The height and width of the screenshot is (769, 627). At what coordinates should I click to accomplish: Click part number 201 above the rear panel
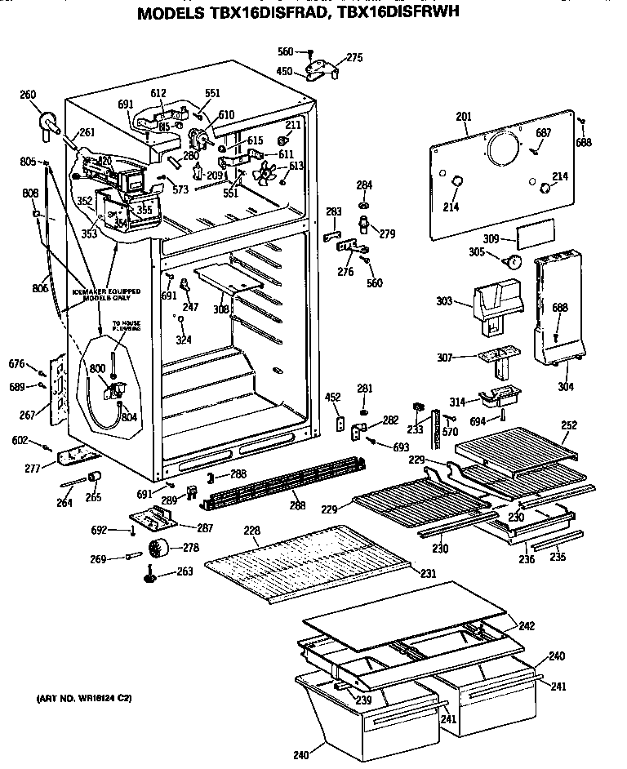tap(464, 118)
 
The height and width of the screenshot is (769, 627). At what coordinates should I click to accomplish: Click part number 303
tap(444, 302)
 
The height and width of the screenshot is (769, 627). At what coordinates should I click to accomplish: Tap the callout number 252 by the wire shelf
tap(569, 425)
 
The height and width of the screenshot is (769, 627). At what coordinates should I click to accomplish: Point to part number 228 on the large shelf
tap(252, 531)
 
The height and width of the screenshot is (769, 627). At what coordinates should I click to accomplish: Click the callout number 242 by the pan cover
tap(527, 626)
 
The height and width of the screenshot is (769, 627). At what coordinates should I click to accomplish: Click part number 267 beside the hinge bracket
tap(28, 416)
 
